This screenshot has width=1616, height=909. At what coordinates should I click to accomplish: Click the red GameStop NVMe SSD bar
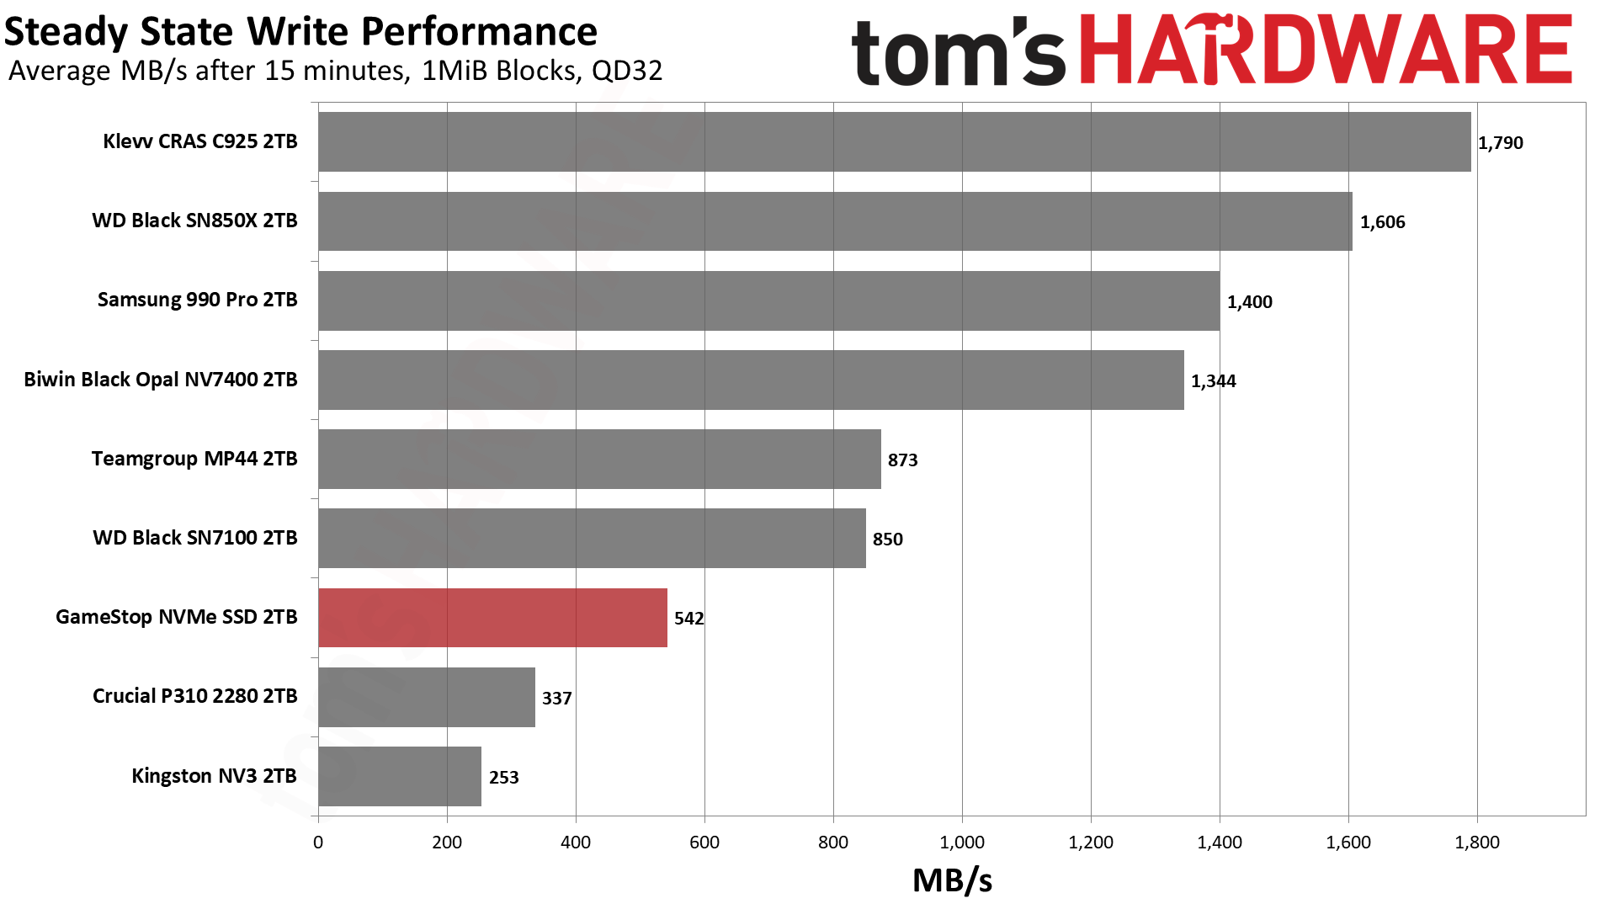492,618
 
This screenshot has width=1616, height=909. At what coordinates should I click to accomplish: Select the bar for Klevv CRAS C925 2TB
894,141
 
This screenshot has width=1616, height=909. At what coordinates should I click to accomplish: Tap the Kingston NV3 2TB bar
400,776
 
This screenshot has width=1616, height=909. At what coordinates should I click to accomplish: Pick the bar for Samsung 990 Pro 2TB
768,300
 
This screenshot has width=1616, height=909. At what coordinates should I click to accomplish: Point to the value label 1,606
1382,222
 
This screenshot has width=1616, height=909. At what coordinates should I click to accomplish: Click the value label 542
688,619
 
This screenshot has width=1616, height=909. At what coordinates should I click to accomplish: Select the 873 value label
902,460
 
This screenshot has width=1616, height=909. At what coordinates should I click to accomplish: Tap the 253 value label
503,778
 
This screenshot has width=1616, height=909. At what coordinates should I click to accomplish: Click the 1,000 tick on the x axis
962,843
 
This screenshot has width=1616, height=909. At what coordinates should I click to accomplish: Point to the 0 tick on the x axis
318,843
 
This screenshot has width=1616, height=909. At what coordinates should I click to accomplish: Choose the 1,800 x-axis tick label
1477,843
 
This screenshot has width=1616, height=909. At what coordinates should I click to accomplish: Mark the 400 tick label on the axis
576,843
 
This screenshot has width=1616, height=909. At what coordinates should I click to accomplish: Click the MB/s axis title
952,880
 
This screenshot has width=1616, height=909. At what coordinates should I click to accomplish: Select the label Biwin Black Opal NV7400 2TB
161,380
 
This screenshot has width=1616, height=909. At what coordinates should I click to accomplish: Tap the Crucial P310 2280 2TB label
194,696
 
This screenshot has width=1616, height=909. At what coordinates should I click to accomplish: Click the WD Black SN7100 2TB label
194,538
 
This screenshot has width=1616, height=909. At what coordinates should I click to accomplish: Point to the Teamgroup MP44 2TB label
194,459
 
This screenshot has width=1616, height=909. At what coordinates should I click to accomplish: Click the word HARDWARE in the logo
1325,50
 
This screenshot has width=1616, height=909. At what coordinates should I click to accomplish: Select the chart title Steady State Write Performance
300,32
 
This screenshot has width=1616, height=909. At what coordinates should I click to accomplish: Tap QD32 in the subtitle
627,71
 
